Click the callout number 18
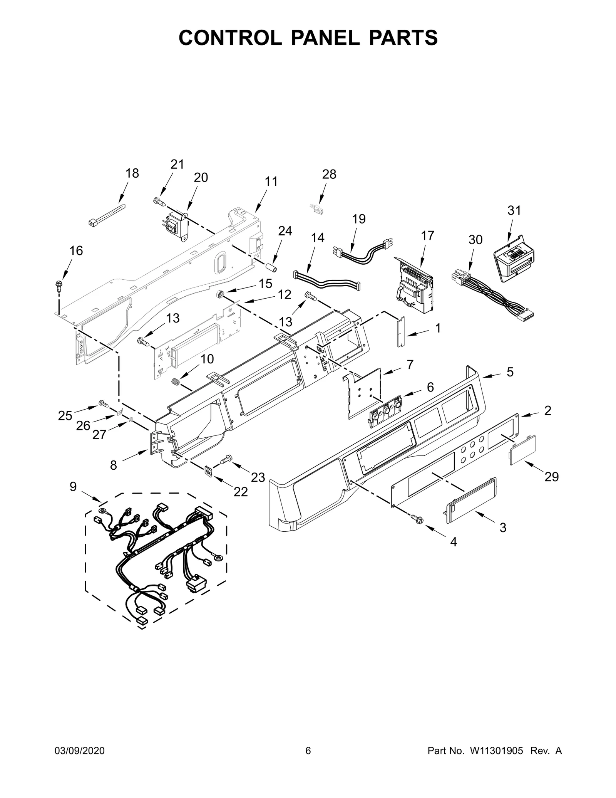132,173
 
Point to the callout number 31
514,210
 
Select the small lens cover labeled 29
523,450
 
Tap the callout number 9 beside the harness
73,487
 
